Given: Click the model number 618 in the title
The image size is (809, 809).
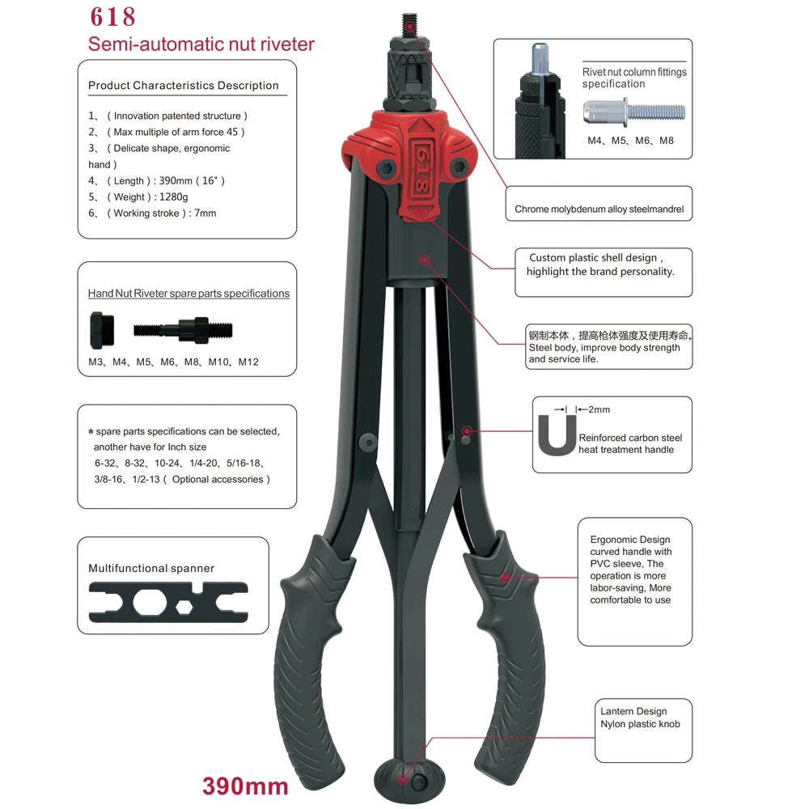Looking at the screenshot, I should point(113,17).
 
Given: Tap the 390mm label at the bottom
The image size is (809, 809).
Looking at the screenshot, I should point(244,786).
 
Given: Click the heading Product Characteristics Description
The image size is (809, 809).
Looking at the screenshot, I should point(184,86).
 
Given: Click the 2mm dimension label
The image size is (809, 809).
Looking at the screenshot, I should point(599,410).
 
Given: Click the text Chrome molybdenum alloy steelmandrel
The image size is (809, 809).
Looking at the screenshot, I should point(599,210).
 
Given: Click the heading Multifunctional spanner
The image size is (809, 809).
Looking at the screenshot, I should point(151,569).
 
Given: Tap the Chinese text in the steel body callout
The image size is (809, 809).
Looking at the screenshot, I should point(610,335).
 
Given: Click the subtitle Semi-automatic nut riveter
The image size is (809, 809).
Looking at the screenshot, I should point(201,44).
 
